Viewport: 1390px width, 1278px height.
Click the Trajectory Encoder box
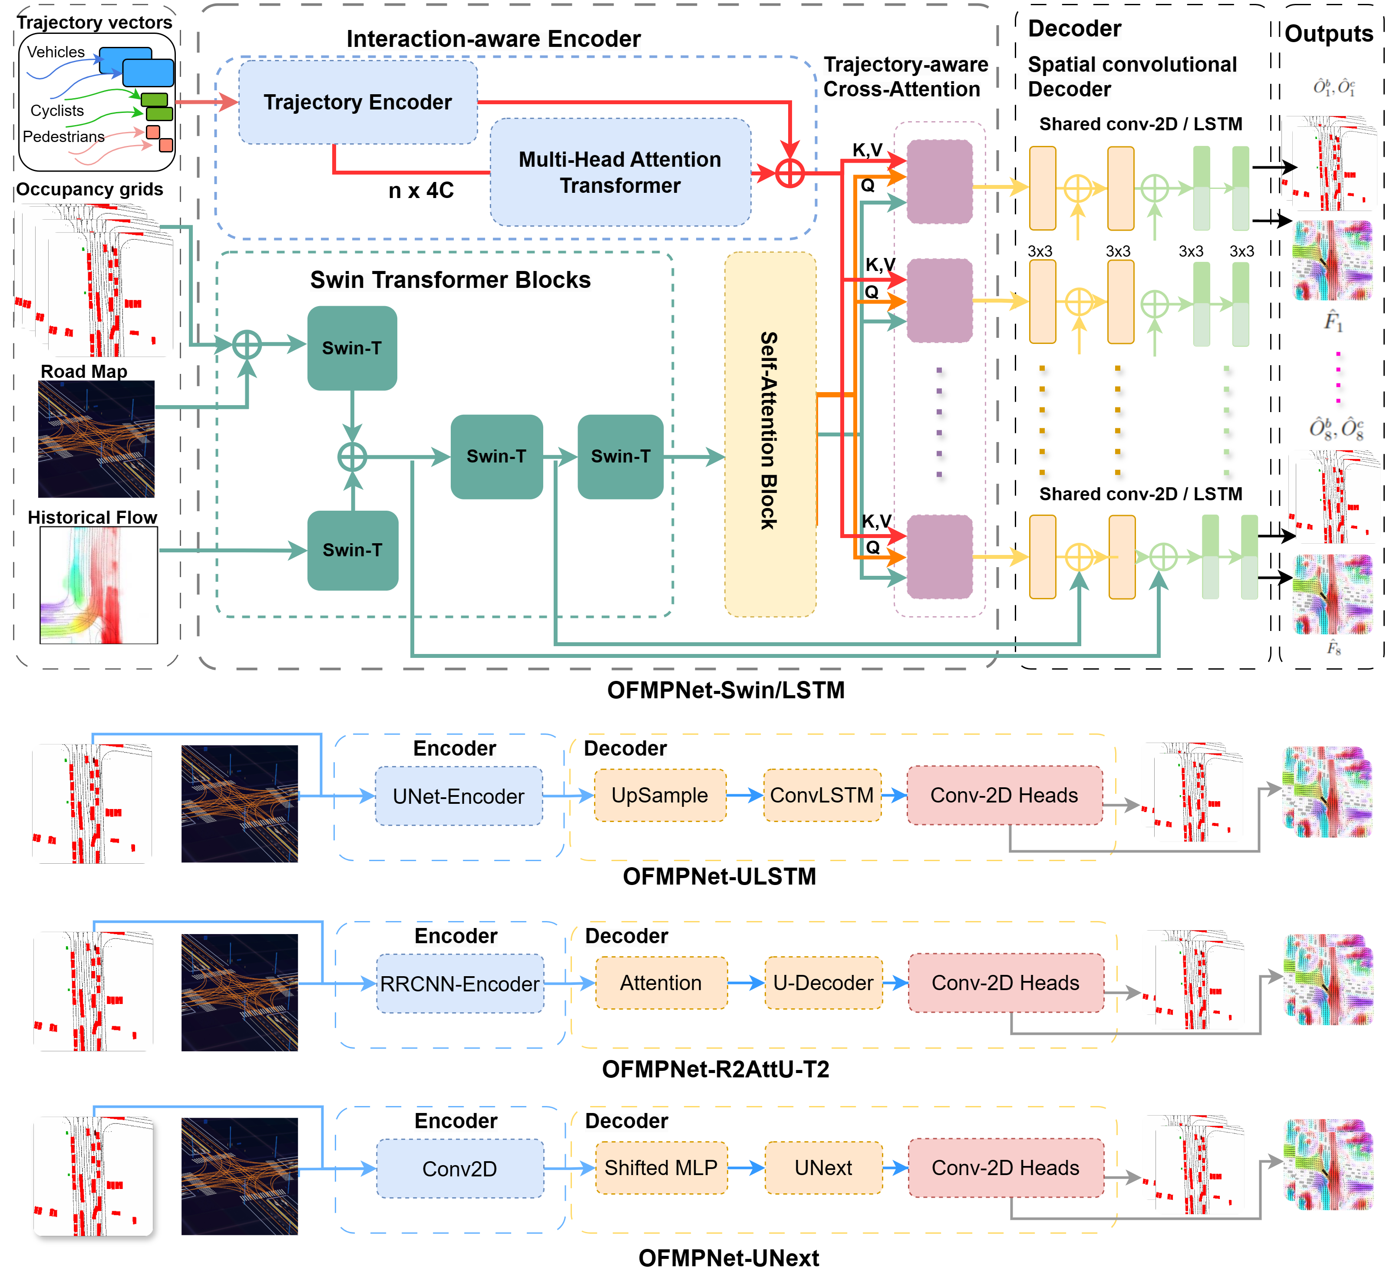[357, 102]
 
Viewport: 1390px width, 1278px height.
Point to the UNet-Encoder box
[459, 796]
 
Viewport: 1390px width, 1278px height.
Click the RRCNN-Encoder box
[460, 984]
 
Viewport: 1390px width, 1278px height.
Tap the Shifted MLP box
[660, 1168]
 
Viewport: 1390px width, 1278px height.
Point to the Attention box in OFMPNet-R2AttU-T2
[660, 983]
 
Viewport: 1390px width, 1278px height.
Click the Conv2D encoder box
[460, 1169]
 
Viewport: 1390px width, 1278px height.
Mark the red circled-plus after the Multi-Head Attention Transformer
[790, 173]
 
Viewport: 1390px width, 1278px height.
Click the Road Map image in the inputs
[96, 439]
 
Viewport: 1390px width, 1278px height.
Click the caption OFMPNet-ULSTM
[719, 876]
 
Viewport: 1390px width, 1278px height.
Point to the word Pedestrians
[64, 137]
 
